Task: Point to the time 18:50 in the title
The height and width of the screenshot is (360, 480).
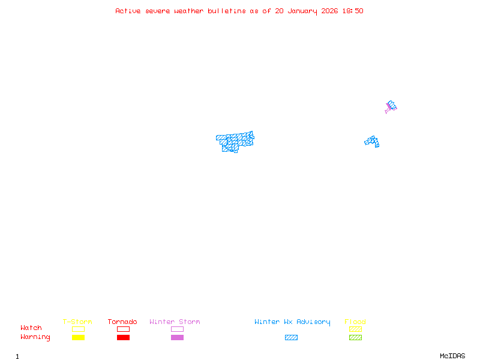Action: pyautogui.click(x=353, y=11)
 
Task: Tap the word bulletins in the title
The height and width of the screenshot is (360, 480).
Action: pyautogui.click(x=226, y=11)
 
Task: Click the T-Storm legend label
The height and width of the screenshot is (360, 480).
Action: pyautogui.click(x=77, y=322)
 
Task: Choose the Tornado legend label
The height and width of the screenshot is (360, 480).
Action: pyautogui.click(x=122, y=322)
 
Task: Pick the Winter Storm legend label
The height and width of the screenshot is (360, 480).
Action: pyautogui.click(x=175, y=322)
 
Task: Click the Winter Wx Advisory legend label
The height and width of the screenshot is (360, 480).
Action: pyautogui.click(x=292, y=322)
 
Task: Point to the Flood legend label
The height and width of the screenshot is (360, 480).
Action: pyautogui.click(x=355, y=322)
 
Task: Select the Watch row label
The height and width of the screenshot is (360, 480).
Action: pyautogui.click(x=31, y=328)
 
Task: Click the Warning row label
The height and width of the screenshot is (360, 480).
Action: pyautogui.click(x=35, y=337)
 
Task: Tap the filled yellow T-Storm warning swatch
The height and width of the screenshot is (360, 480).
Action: pyautogui.click(x=78, y=338)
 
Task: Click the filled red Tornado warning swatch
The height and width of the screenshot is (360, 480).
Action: pyautogui.click(x=123, y=338)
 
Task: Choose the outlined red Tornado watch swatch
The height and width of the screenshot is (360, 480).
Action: pyautogui.click(x=123, y=329)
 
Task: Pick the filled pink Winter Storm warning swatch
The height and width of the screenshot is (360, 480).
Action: pyautogui.click(x=177, y=338)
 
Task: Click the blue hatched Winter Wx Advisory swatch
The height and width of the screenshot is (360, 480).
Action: pyautogui.click(x=291, y=338)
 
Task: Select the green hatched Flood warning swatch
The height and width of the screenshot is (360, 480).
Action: pyautogui.click(x=355, y=338)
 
